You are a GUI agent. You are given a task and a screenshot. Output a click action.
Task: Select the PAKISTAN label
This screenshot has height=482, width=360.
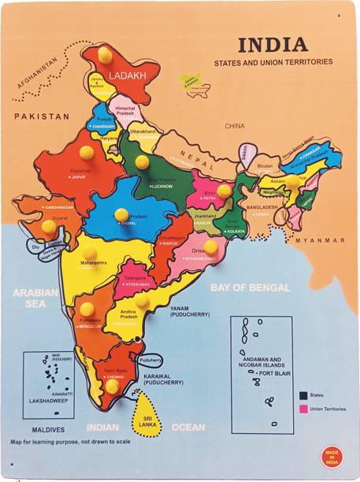[42, 116]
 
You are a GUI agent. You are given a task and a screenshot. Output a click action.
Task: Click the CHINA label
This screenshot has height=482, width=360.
[235, 125]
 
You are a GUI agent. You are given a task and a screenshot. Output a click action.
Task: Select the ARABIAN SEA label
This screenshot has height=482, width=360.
[35, 298]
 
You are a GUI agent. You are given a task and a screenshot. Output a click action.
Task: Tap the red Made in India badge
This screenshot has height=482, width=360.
[332, 456]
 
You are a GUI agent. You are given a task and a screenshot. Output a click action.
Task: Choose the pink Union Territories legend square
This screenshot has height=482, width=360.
[302, 410]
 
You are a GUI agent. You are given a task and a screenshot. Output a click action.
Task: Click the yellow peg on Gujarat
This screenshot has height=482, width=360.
[49, 227]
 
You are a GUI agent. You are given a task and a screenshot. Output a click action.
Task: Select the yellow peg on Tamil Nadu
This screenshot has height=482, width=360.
[113, 386]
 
